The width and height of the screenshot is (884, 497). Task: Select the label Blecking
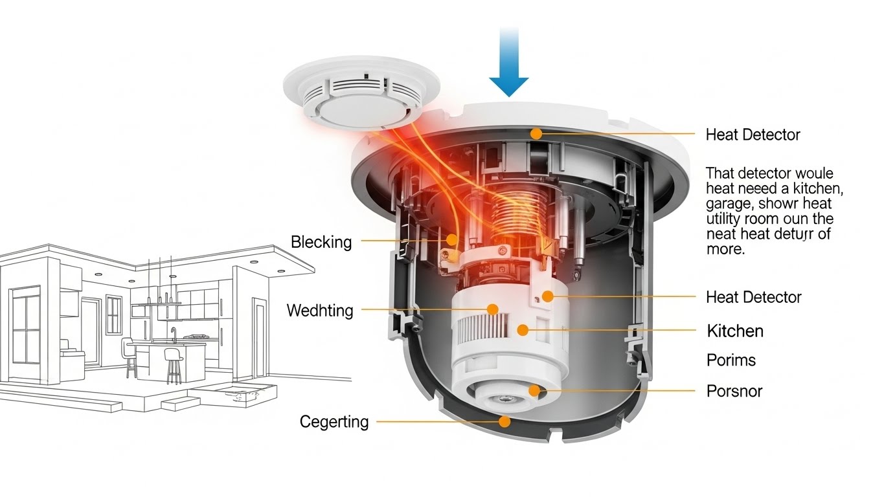pyautogui.click(x=321, y=243)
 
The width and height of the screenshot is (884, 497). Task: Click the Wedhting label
pyautogui.click(x=320, y=311)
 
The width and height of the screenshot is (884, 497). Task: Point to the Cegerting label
pyautogui.click(x=334, y=422)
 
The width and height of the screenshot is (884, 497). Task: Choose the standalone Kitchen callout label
pyautogui.click(x=735, y=331)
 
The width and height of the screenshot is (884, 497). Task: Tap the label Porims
pyautogui.click(x=731, y=360)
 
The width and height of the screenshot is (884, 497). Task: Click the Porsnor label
pyautogui.click(x=734, y=391)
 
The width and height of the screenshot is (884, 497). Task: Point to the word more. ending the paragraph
pyautogui.click(x=725, y=250)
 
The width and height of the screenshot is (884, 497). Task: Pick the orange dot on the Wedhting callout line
pyautogui.click(x=492, y=309)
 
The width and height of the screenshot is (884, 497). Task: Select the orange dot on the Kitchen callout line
pyautogui.click(x=522, y=331)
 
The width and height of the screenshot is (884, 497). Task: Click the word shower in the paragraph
pyautogui.click(x=783, y=203)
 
